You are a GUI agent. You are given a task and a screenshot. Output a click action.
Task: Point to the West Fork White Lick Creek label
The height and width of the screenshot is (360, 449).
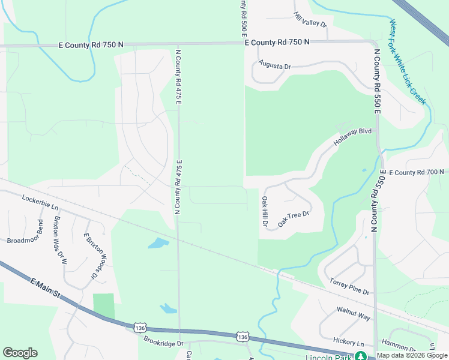pyautogui.click(x=408, y=63)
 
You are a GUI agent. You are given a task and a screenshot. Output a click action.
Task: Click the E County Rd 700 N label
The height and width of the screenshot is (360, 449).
pyautogui.click(x=416, y=172)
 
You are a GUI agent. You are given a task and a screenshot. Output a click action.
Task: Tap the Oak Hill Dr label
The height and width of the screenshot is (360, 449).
pyautogui.click(x=264, y=211)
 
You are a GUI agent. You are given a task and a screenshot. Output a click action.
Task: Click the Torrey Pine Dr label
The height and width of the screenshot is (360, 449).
pyautogui.click(x=349, y=286)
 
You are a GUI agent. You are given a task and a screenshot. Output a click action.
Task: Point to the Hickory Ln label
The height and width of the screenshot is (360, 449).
pyautogui.click(x=348, y=341)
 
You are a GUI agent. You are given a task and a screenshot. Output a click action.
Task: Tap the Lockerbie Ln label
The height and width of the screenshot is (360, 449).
pyautogui.click(x=40, y=202)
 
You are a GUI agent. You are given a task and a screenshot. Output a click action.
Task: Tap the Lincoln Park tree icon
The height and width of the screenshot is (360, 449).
pyautogui.click(x=361, y=356)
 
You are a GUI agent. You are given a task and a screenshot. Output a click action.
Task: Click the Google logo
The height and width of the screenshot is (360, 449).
pyautogui.click(x=20, y=353)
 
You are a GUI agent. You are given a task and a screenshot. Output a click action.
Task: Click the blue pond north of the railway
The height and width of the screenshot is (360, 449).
pyautogui.click(x=158, y=243)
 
